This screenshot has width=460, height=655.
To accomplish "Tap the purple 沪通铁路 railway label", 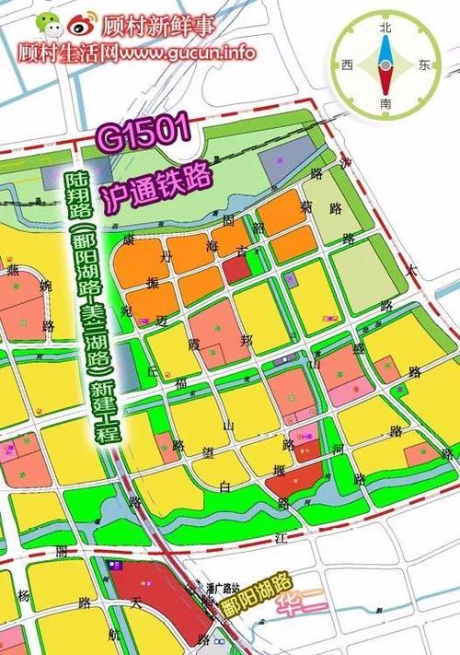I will pos(160,185).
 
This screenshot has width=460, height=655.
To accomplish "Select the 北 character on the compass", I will pos(385,29).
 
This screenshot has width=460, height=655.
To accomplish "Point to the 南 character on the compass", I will pos(385,105).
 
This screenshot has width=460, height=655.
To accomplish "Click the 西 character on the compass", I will pos(347,66).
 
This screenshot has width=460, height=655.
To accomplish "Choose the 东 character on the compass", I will pos(423,66).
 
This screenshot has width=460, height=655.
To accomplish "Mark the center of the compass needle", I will pos(385,66).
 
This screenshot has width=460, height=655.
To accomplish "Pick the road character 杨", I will pos(24,594).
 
